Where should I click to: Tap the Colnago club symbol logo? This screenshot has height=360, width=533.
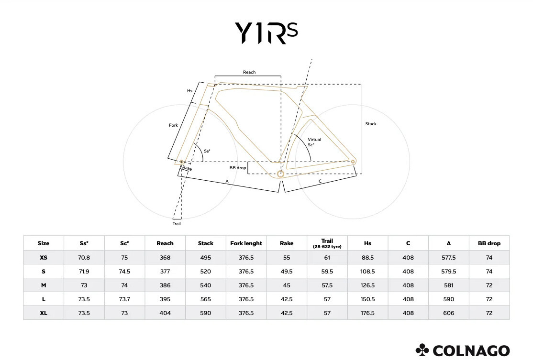tap(423, 350)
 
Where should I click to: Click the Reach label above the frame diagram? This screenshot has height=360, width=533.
tap(249, 72)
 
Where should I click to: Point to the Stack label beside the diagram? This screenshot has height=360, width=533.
tap(371, 124)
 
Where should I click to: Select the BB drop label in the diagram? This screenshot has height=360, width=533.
tap(238, 168)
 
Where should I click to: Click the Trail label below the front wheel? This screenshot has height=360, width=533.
tap(177, 223)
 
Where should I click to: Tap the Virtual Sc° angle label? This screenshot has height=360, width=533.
tap(314, 142)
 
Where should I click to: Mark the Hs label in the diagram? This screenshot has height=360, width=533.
tap(189, 90)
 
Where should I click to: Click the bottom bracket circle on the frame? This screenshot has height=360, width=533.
tap(280, 174)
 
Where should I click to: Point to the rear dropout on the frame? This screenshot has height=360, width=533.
tap(354, 162)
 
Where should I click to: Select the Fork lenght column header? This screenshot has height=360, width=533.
tap(246, 243)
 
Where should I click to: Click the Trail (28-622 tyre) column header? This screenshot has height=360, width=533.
tap(327, 243)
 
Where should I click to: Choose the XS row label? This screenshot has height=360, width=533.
tap(44, 257)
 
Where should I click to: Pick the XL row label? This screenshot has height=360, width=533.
tap(44, 313)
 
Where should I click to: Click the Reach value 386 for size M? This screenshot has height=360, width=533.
tap(165, 285)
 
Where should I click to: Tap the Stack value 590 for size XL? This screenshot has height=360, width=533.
tap(206, 313)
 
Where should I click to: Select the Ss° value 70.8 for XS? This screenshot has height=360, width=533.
tap(84, 257)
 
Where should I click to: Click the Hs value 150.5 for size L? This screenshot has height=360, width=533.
tap(367, 299)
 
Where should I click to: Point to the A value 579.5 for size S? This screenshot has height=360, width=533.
tap(448, 271)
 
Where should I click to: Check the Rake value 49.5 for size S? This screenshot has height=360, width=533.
tap(287, 271)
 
